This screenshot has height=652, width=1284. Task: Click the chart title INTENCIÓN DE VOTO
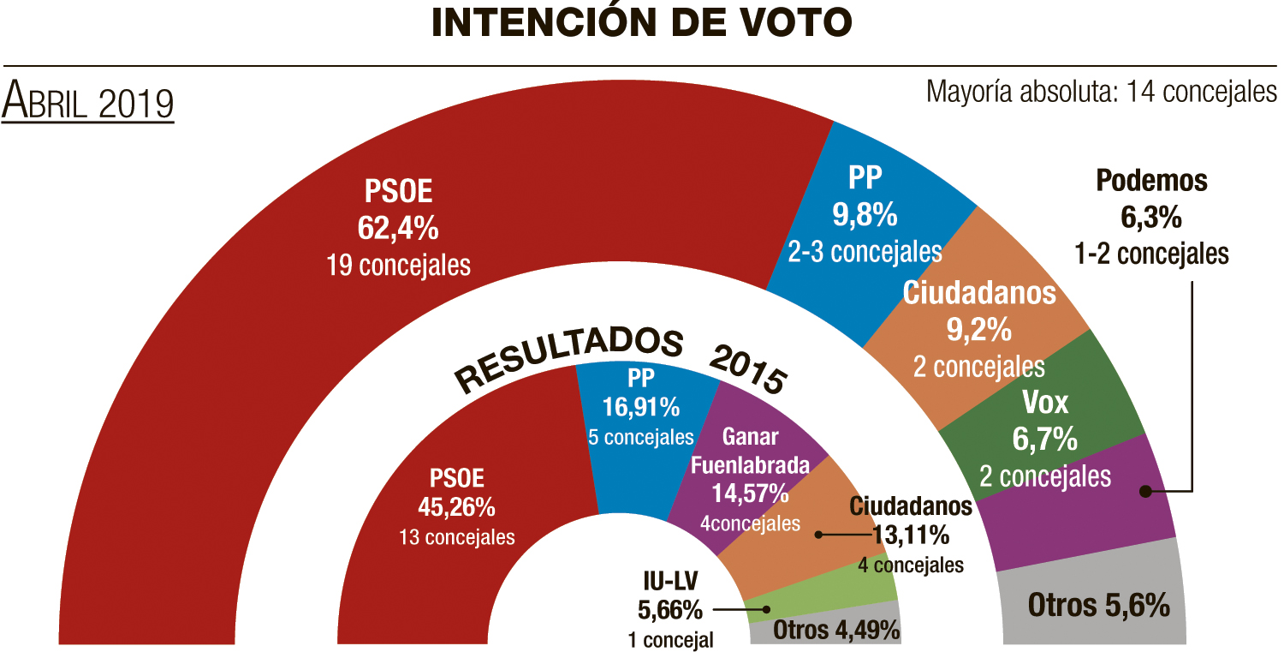point(642,23)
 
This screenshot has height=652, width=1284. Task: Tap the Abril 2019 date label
point(88,102)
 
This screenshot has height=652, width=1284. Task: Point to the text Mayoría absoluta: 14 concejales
point(1101,91)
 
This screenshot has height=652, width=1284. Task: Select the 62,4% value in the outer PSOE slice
point(397,228)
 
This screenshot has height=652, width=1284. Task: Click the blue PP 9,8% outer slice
point(865,214)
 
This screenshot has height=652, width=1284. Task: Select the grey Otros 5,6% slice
point(1098,606)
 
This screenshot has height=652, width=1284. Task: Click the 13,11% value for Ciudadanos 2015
point(910,535)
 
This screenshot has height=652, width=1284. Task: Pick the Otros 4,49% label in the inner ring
point(836,631)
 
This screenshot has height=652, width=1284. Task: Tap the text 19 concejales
point(398,265)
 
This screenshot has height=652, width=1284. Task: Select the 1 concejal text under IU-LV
point(669,639)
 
